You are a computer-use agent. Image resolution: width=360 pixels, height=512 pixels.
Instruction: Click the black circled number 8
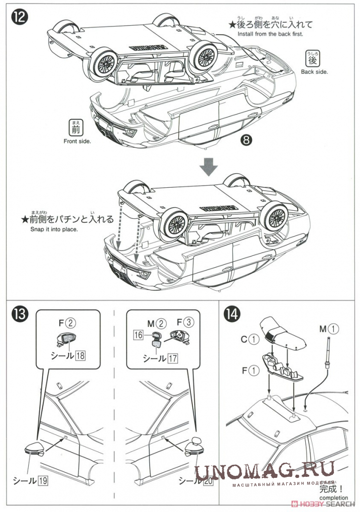point(246,140)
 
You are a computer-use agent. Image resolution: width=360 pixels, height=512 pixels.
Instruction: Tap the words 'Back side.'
point(314,72)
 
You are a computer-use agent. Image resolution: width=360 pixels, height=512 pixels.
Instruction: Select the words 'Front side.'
point(77,141)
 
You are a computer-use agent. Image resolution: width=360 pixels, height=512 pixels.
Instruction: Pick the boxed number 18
point(81,355)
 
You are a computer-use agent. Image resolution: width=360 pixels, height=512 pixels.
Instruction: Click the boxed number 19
point(43,480)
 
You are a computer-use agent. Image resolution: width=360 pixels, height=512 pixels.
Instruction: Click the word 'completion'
point(333,498)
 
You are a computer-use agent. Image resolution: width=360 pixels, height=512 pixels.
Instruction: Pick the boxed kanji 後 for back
point(312,59)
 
